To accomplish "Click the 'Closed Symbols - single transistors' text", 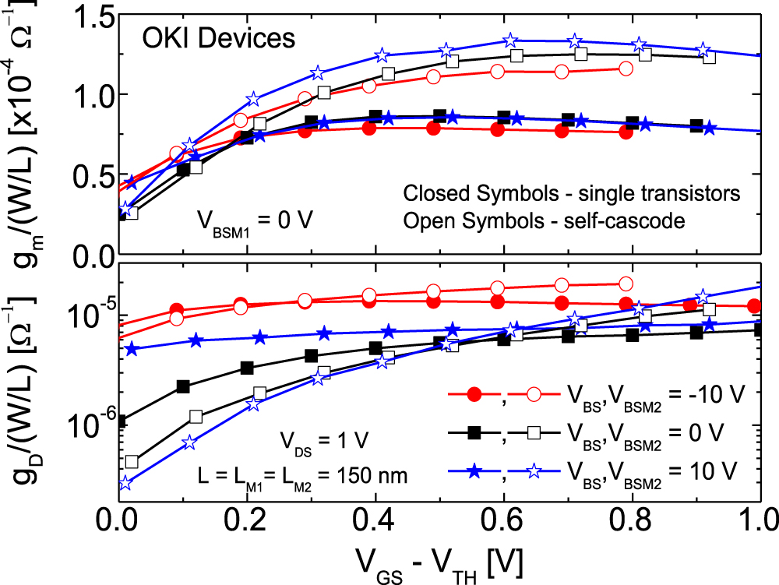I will click(569, 193).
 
